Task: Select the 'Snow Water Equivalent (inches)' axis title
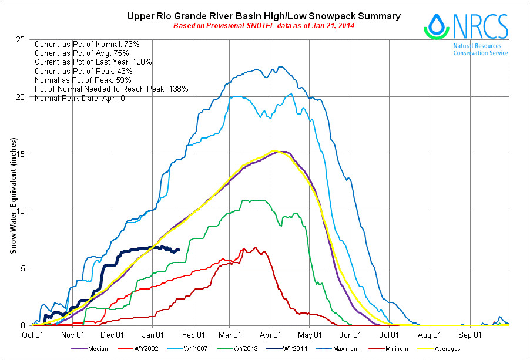tap(14, 196)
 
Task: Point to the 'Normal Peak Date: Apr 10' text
tap(79, 98)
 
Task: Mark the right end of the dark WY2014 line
tap(179, 249)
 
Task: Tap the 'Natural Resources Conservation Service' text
tap(480, 49)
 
